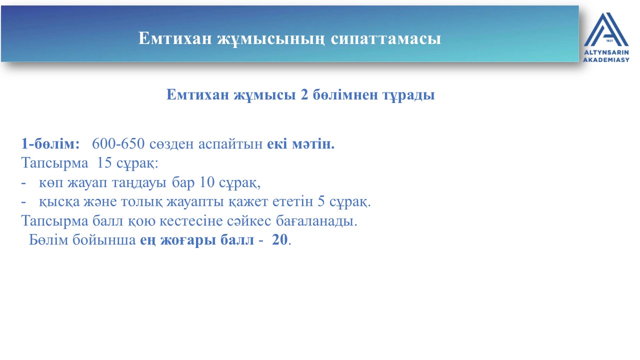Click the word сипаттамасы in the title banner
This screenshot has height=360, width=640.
[386, 38]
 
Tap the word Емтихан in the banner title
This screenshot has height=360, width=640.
[175, 38]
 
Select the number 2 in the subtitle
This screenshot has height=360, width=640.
[304, 94]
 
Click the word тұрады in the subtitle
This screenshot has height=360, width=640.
[408, 95]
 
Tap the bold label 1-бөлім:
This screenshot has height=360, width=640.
[50, 143]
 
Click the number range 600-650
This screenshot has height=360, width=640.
[118, 143]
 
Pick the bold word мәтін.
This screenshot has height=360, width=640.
[313, 143]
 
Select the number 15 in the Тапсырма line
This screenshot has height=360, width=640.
[104, 162]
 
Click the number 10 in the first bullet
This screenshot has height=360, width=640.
[207, 182]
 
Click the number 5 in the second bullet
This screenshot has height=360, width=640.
[321, 201]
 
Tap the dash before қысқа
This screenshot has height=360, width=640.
[23, 201]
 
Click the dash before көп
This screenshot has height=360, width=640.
[23, 182]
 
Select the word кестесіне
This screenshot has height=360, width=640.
[191, 221]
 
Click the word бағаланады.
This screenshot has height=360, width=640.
[316, 221]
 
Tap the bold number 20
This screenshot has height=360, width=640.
[279, 239]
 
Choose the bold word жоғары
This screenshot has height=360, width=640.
[188, 240]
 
